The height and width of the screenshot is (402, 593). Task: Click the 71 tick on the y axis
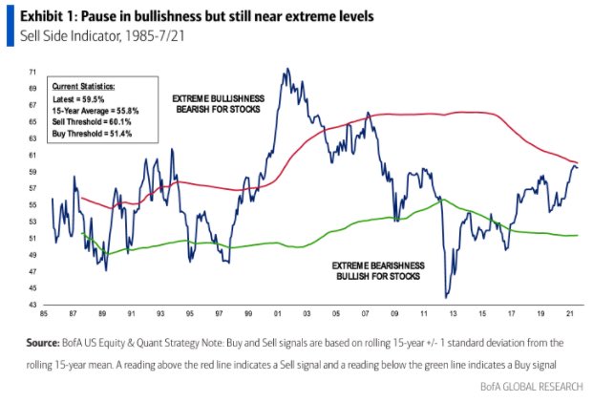tap(33, 72)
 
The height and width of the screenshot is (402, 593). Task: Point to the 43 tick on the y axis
tap(33, 305)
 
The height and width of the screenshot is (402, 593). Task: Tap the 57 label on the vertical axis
tap(33, 188)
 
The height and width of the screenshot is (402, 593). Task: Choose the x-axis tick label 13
tap(453, 314)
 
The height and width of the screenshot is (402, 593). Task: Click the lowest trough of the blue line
tap(446, 297)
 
